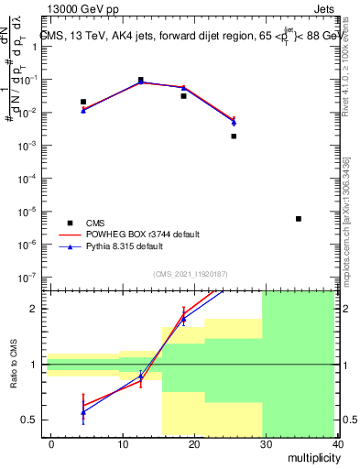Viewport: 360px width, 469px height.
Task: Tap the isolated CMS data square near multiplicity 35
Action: [299, 219]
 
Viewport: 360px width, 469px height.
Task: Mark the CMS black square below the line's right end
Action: [234, 136]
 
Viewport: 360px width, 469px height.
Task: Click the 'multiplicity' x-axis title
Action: [310, 457]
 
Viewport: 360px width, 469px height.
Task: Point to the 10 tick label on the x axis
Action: [123, 443]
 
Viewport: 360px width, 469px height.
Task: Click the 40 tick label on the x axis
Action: [338, 443]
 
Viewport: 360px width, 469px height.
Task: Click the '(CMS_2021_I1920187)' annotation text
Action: [191, 273]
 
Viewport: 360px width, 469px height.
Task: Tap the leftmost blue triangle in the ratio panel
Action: [83, 412]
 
